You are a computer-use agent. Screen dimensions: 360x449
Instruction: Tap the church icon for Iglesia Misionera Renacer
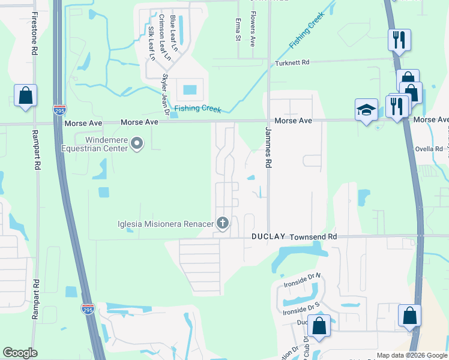(223, 224)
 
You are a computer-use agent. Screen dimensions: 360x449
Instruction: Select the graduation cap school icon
(366, 110)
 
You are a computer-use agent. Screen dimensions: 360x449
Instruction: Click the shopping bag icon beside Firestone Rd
(26, 95)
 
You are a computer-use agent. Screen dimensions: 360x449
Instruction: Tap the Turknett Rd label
(292, 62)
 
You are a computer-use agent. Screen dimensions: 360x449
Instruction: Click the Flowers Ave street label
(253, 29)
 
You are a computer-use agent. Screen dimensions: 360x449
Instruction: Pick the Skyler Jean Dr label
(165, 93)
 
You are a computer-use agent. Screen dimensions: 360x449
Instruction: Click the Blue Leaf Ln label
(174, 32)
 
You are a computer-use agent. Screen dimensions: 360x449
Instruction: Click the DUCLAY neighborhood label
(268, 237)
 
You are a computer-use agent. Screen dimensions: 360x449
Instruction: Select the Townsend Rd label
(313, 237)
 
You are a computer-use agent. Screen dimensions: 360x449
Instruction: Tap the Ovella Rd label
(429, 149)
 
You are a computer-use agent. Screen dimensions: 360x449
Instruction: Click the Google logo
(20, 353)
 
